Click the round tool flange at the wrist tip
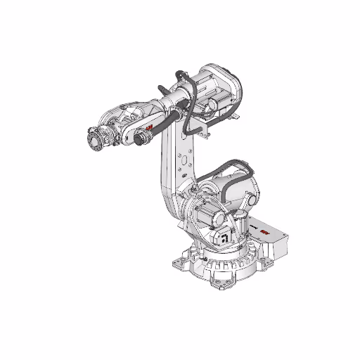click(93, 138)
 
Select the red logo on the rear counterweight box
click(264, 230)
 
